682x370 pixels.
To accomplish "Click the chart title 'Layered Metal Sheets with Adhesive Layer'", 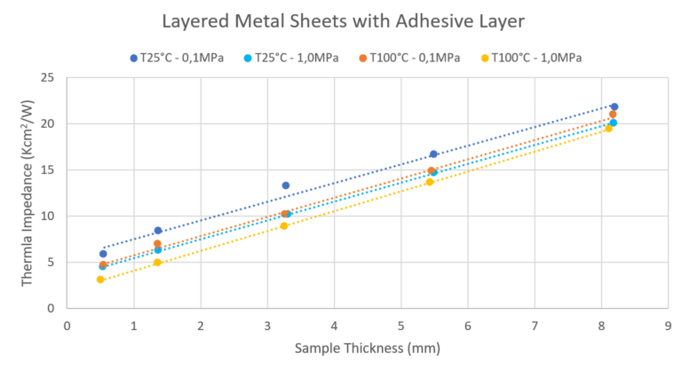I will tap(341, 20).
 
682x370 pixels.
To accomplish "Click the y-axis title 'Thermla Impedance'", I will tap(28, 193).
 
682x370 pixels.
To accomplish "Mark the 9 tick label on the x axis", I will tap(668, 325).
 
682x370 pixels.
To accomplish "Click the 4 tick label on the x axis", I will tap(334, 325).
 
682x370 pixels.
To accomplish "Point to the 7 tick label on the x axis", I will tap(534, 325).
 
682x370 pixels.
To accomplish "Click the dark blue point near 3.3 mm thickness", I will tap(286, 185).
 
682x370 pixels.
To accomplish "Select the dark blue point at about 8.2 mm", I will tap(615, 106).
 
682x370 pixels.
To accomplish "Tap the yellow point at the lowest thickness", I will tap(100, 279).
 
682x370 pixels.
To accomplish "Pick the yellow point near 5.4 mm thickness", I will tap(430, 182).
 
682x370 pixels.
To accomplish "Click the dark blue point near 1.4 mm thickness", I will tap(158, 231).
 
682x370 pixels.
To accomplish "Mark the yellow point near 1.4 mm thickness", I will tap(157, 263).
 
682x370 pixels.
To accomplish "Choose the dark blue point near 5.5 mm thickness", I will tap(433, 154).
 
